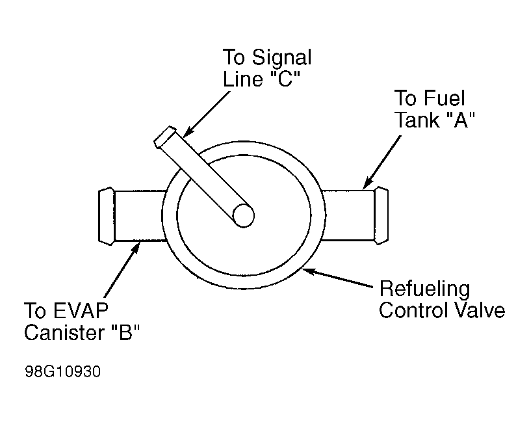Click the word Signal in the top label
tap(281, 58)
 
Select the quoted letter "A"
tap(461, 120)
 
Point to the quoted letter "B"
tap(125, 332)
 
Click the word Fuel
tap(444, 98)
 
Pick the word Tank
tap(417, 120)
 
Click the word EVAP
tap(81, 310)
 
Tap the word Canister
tap(64, 332)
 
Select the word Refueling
tap(425, 289)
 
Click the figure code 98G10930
tap(63, 371)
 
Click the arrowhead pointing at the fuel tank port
tap(367, 184)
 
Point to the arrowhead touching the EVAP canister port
tap(136, 247)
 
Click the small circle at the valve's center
tap(243, 216)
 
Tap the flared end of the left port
tap(107, 216)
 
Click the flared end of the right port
tap(381, 215)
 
